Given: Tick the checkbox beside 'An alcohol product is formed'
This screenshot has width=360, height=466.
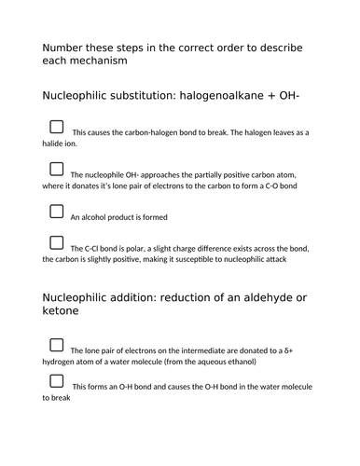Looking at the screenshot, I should [57, 212].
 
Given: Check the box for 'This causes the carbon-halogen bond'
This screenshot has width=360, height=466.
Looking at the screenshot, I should [57, 127].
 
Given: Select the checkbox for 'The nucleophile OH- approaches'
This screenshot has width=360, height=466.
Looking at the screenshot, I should [57, 170].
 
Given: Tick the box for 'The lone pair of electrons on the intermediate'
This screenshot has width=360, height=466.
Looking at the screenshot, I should [57, 345].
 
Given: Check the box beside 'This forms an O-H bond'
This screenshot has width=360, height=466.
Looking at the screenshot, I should [57, 380].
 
